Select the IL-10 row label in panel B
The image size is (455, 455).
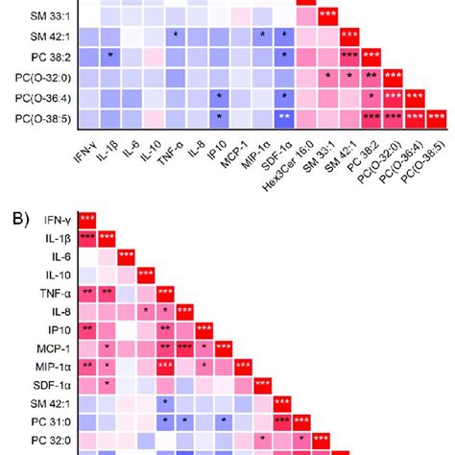53,275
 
